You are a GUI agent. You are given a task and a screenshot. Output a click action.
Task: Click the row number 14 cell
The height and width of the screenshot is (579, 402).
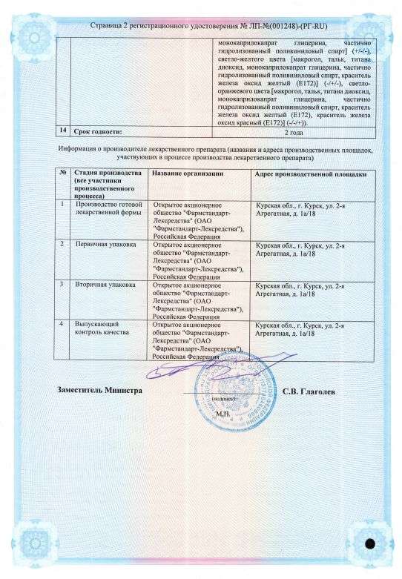pyautogui.click(x=63, y=131)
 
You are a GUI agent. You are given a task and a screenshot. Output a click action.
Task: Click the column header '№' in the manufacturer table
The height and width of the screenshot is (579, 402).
pyautogui.click(x=62, y=173)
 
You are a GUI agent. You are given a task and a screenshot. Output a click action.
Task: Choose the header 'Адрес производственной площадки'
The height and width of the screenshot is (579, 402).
pyautogui.click(x=311, y=173)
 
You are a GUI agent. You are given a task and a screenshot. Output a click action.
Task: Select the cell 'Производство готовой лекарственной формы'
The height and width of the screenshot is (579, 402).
pyautogui.click(x=109, y=206)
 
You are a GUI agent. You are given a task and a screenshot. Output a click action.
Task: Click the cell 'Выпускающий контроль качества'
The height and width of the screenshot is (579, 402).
pyautogui.click(x=103, y=328)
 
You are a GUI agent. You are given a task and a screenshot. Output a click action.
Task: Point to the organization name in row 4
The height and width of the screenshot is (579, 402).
pyautogui.click(x=199, y=340)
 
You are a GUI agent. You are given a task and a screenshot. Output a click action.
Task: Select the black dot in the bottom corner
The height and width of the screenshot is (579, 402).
pyautogui.click(x=369, y=543)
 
